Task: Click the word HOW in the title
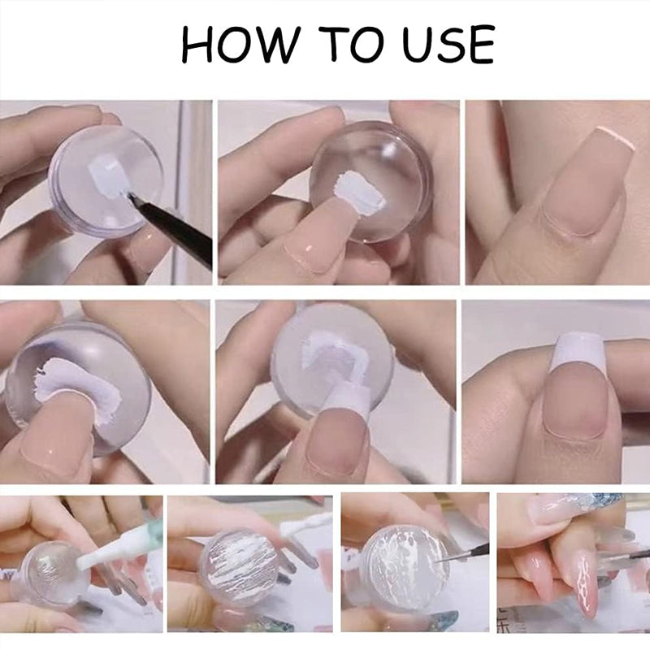237,45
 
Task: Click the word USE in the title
448,45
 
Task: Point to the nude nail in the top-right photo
581,195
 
